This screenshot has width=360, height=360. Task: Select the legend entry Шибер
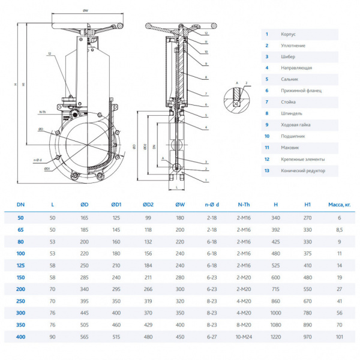point(287,57)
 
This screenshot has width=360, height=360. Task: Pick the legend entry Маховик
point(290,148)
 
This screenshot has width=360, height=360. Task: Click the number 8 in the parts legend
point(266,113)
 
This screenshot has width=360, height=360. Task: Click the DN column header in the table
point(20,205)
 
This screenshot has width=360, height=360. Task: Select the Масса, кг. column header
point(339,205)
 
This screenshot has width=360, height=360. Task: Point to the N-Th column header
point(245,205)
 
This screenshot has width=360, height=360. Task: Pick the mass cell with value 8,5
point(339,229)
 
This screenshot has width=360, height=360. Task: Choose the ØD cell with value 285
point(84,278)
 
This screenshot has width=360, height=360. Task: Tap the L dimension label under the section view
point(178,188)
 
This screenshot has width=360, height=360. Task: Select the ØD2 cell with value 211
point(148,278)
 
